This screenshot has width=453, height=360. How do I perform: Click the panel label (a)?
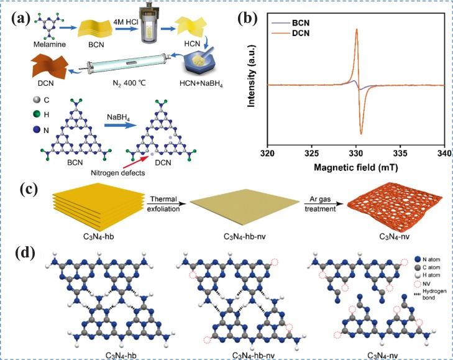[26, 18]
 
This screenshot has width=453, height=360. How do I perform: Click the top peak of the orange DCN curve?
[356, 29]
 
